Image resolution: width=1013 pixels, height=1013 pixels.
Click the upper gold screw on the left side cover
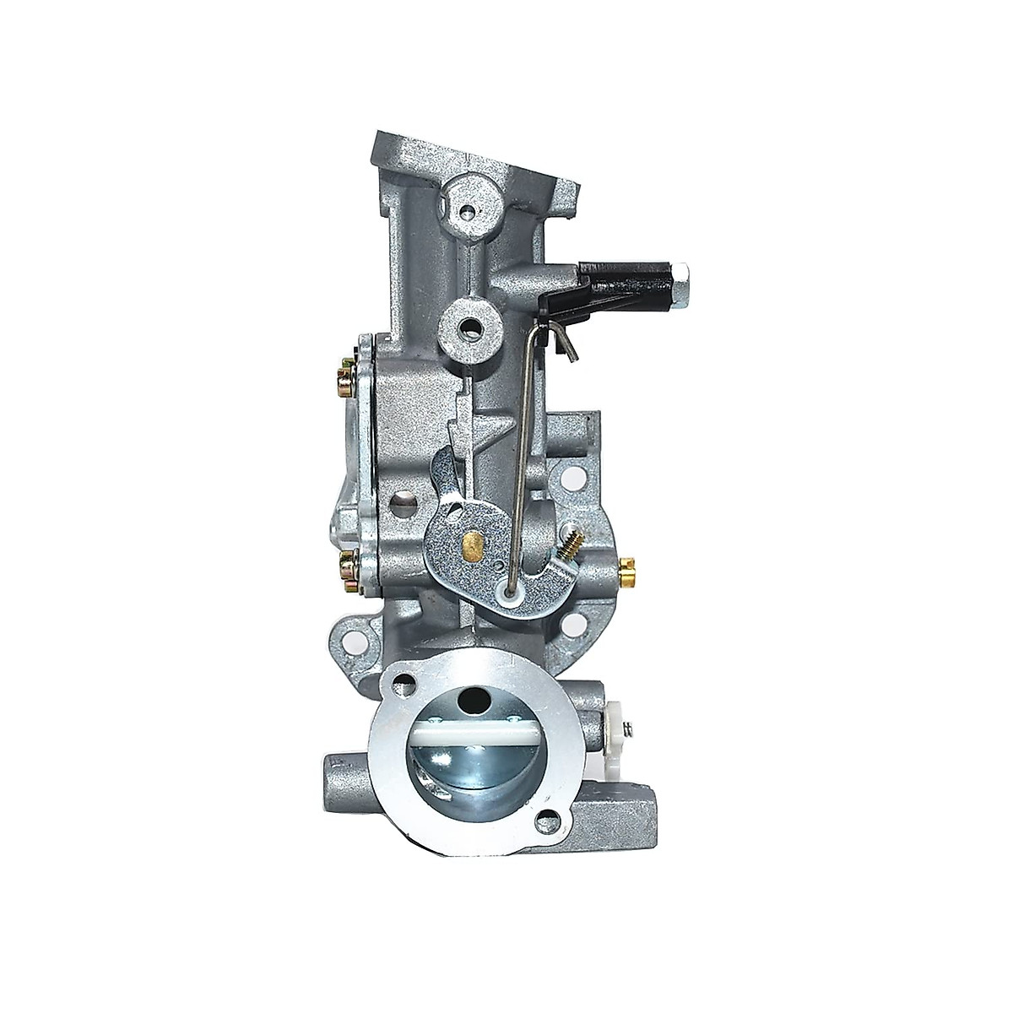click(x=349, y=369)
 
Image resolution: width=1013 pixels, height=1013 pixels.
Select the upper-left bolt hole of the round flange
click(x=410, y=682)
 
